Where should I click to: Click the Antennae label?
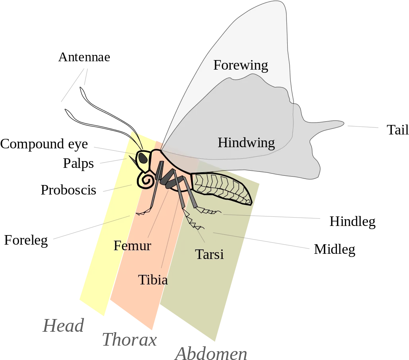pos(84,57)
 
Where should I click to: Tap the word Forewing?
pos(241,65)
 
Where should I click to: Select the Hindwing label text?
pos(246,143)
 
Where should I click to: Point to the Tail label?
pos(397,130)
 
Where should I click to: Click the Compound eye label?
pos(44,144)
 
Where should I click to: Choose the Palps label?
pos(78,164)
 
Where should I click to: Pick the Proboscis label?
pos(68,190)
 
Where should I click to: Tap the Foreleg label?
pos(26,240)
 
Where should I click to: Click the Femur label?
pos(132,246)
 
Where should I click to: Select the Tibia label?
pos(153,280)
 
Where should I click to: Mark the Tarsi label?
pos(209,254)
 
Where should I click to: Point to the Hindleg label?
pos(353,222)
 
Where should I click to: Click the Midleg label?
pos(334,249)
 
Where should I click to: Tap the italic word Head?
pos(63,325)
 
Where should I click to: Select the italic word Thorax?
pos(129,340)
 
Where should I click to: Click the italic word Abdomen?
pos(211,354)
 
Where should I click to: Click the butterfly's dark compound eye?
pos(142,158)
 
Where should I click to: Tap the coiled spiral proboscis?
pos(145,179)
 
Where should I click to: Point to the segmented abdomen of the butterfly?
pos(222,188)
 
